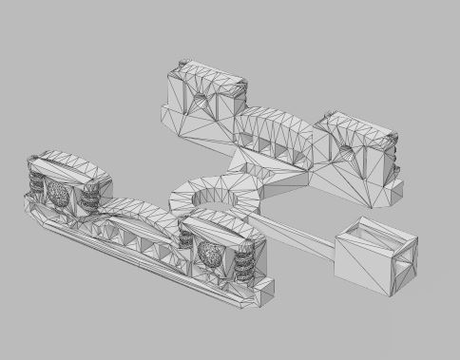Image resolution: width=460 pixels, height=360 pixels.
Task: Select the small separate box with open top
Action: tap(376, 258)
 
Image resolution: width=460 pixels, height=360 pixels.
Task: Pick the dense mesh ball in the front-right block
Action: tap(210, 254)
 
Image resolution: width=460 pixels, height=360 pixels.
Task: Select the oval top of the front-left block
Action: tap(71, 163)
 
